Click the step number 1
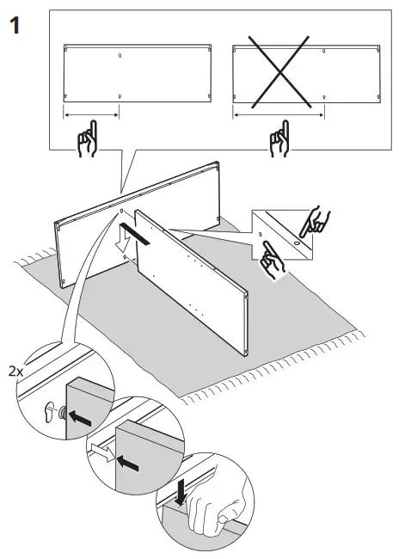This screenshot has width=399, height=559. coord(15,26)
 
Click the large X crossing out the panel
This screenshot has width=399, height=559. coord(278,75)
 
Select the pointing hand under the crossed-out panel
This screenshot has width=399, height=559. coord(279,141)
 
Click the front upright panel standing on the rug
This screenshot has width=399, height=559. coord(193,275)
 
